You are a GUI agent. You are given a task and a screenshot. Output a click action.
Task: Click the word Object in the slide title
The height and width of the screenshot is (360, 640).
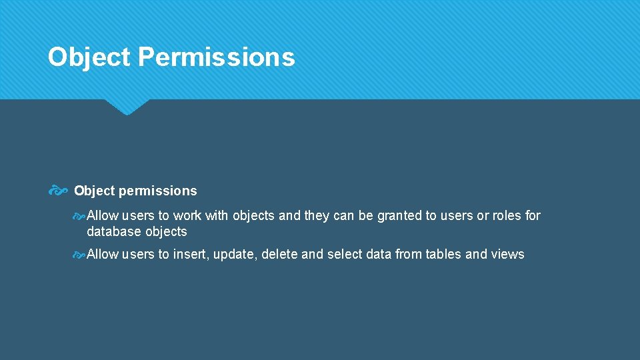point(89,57)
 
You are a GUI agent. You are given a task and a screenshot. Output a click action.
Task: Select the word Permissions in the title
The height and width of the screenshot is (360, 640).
point(217,57)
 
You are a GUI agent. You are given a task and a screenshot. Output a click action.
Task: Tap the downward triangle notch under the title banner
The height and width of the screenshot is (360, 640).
point(127,107)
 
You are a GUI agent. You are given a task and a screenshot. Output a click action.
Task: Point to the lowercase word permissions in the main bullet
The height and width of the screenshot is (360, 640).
point(158,191)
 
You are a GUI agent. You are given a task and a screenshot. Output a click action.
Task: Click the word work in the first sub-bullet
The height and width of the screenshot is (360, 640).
point(187,215)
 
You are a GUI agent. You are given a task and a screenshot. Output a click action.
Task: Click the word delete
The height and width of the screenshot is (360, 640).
point(279,255)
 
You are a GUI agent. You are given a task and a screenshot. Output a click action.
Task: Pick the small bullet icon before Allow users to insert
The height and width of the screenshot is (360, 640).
point(79,255)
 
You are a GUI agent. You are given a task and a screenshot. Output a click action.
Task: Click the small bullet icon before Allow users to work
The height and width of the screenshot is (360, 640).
point(79,215)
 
